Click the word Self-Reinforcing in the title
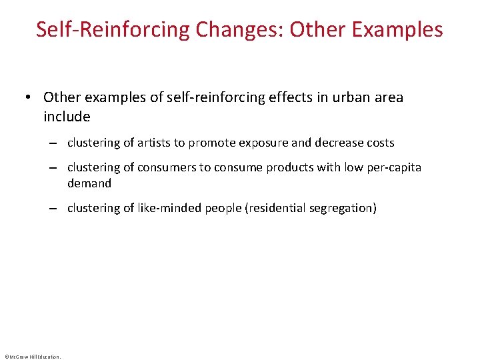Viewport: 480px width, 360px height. [113, 30]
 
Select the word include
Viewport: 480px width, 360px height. [67, 117]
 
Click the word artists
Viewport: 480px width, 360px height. [155, 143]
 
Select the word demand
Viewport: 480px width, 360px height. [89, 183]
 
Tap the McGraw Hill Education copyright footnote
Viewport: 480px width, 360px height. [32, 356]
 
